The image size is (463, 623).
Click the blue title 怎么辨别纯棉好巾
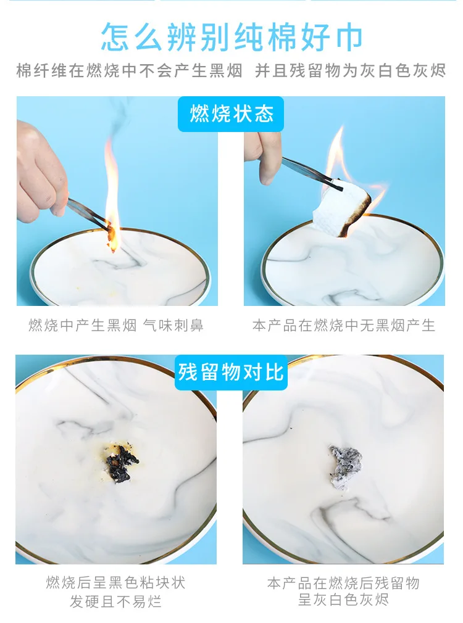tap(231, 37)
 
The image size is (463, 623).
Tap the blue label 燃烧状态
tap(231, 114)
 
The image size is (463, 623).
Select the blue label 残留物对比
tap(231, 373)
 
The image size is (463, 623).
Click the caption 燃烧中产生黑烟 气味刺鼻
tap(116, 326)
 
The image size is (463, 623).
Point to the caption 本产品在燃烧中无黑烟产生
tap(344, 326)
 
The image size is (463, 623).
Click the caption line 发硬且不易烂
tap(116, 601)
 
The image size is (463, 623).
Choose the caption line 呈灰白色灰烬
tap(344, 600)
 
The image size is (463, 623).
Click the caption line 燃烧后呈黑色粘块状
tap(116, 583)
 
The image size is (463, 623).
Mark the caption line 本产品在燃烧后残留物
tap(344, 583)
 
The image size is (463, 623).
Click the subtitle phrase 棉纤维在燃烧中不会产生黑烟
tap(129, 71)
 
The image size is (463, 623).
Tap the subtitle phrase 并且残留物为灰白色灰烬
tap(350, 71)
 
